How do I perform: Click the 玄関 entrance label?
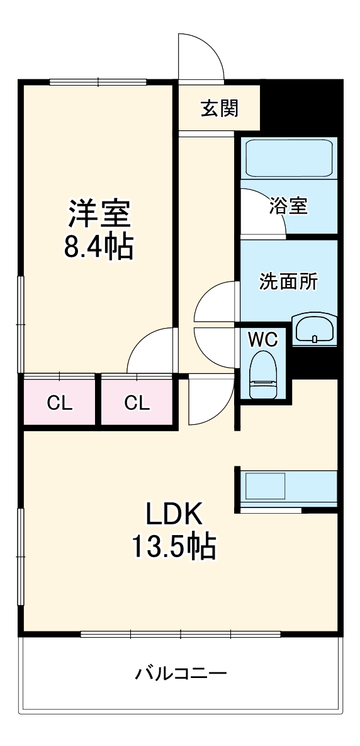tap(220, 109)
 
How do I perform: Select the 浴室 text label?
tap(288, 206)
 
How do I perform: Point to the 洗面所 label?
tap(289, 281)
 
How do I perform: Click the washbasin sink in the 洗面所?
tap(315, 329)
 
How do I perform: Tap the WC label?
tap(262, 339)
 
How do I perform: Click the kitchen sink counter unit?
tap(287, 487)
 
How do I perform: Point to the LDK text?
tap(174, 515)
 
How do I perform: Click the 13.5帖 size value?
tap(174, 546)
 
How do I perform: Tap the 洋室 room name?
tap(99, 215)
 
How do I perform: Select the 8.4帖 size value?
tap(99, 247)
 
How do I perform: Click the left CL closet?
tap(60, 403)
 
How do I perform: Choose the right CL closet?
tap(137, 403)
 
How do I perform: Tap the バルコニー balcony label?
tap(181, 674)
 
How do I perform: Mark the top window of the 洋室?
tap(98, 81)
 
